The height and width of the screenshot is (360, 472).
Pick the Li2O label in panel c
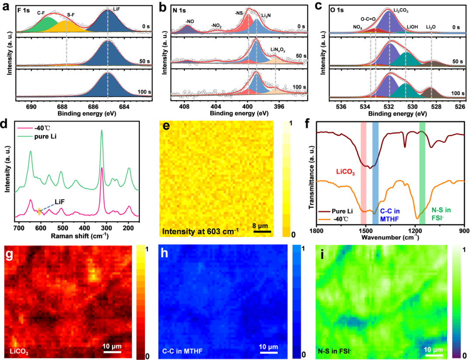(x=431, y=27)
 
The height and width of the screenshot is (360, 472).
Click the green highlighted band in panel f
(x=422, y=170)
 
